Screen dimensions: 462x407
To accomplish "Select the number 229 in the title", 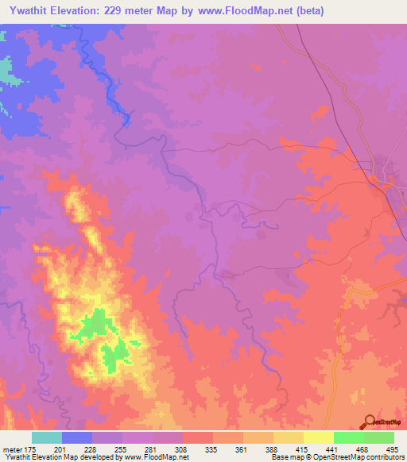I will coord(118,11).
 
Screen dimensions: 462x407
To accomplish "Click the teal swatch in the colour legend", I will coord(47,437).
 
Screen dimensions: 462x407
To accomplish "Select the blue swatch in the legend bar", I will coord(77,437).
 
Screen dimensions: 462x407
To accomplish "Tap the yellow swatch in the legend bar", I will coord(319,437).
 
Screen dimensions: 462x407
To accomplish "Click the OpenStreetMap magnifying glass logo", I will coord(368,422).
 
